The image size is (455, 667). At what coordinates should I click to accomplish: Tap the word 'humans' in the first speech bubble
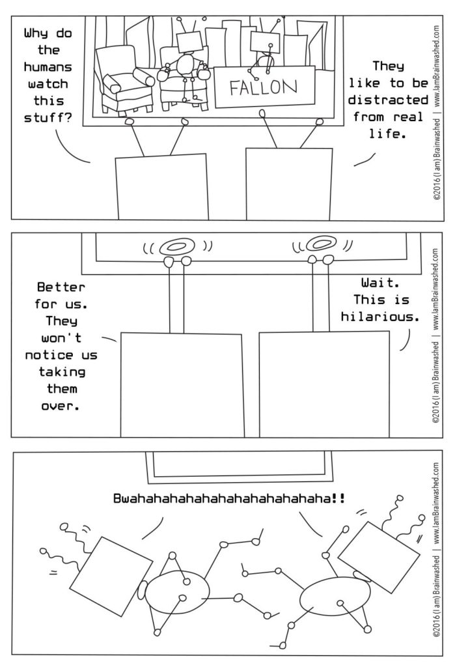tap(46, 67)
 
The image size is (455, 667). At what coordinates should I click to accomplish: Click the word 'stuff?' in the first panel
tap(46, 118)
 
